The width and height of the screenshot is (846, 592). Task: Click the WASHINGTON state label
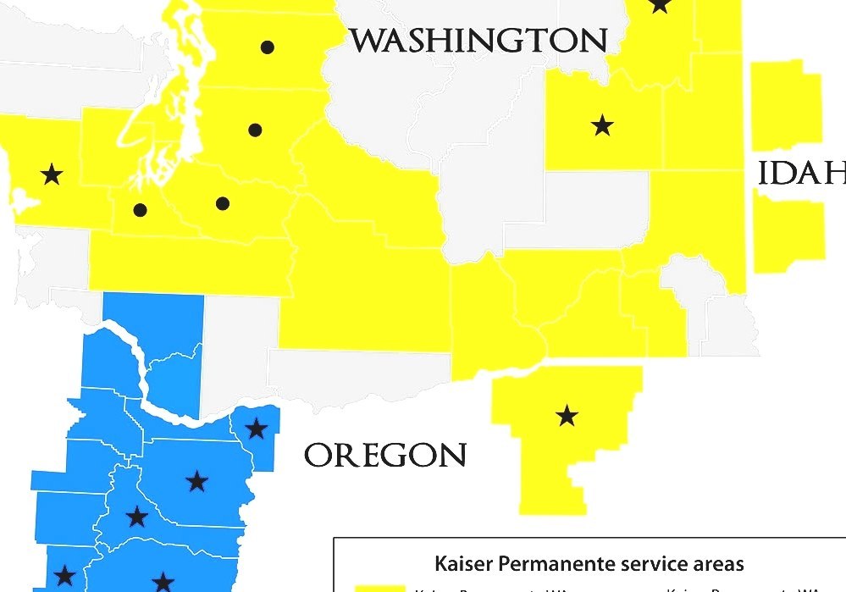(479, 40)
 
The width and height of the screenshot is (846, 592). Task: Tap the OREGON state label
(385, 456)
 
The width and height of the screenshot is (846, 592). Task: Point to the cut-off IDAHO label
(801, 173)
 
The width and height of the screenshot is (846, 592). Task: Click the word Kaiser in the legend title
(465, 563)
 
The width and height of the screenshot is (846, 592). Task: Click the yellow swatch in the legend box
(379, 588)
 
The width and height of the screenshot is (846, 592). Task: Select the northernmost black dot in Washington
(268, 47)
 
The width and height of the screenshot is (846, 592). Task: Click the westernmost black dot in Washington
(141, 209)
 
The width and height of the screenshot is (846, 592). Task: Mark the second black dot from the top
(256, 130)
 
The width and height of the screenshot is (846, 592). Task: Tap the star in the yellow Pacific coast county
(52, 174)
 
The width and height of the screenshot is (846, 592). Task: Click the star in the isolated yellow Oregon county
(567, 416)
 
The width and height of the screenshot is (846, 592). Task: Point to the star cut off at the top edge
(661, 4)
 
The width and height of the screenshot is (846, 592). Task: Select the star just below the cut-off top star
(602, 126)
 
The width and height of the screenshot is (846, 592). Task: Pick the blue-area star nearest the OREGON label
(257, 429)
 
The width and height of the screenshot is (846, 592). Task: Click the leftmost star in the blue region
(64, 577)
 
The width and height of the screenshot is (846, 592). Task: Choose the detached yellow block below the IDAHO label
(788, 230)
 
